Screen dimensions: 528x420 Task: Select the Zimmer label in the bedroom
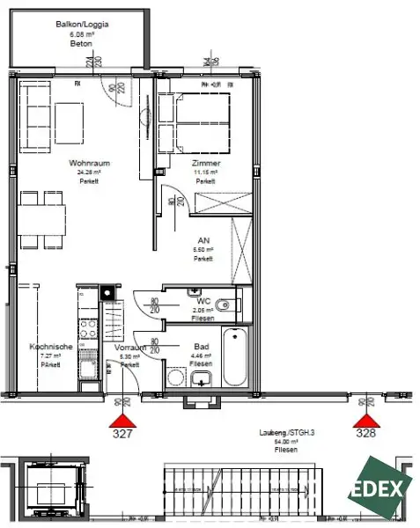pos(204,164)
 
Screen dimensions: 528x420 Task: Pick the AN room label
pos(204,240)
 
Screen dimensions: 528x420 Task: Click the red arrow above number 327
pos(124,419)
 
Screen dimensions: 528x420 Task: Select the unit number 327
pos(123,434)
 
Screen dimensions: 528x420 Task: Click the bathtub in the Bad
pos(235,356)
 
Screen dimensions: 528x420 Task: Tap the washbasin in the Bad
pos(201,379)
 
